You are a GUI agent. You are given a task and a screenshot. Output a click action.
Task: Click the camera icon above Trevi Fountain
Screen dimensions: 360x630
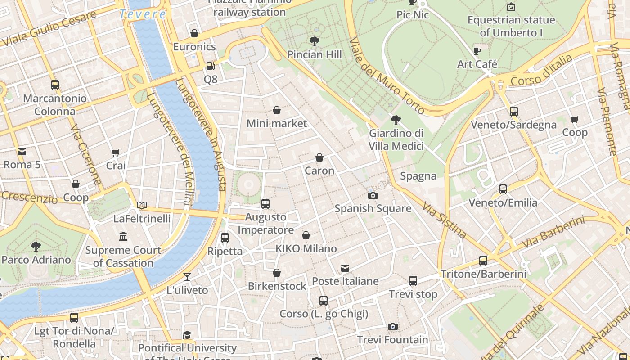(393, 326)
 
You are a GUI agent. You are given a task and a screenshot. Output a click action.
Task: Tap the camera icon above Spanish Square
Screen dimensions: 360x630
(373, 195)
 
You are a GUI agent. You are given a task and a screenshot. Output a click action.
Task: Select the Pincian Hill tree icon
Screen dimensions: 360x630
(315, 41)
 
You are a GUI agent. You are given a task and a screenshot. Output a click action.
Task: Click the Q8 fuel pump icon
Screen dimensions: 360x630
(210, 66)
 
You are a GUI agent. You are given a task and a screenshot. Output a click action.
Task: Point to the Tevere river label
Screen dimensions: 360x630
(143, 14)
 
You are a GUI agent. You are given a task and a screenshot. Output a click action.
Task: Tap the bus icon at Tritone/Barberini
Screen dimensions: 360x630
(483, 261)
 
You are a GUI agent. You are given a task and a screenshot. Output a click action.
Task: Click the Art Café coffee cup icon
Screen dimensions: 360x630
(477, 51)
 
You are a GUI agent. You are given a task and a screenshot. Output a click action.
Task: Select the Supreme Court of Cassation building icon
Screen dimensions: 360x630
(123, 237)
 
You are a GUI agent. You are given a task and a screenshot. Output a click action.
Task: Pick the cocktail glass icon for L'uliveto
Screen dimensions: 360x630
(187, 277)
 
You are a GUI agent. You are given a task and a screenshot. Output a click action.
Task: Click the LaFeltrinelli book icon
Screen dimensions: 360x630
(142, 206)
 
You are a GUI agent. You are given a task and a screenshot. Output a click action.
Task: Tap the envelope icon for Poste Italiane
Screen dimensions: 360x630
(345, 268)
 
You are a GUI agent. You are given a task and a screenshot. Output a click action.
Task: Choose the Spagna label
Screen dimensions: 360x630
(418, 176)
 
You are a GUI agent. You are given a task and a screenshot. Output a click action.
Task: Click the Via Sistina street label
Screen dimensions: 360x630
(444, 220)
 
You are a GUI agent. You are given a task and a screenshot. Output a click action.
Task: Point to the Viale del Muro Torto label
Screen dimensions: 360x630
(387, 76)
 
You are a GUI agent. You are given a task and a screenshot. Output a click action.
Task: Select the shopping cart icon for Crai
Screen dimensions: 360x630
(116, 153)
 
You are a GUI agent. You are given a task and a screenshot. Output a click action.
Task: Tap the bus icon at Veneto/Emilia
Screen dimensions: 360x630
(503, 189)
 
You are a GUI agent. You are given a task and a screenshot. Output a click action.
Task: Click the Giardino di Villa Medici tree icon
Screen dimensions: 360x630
(396, 120)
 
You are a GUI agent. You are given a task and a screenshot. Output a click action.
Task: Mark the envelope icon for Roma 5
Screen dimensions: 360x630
(22, 152)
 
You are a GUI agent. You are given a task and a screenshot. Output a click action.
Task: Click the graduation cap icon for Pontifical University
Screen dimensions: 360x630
(187, 335)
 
